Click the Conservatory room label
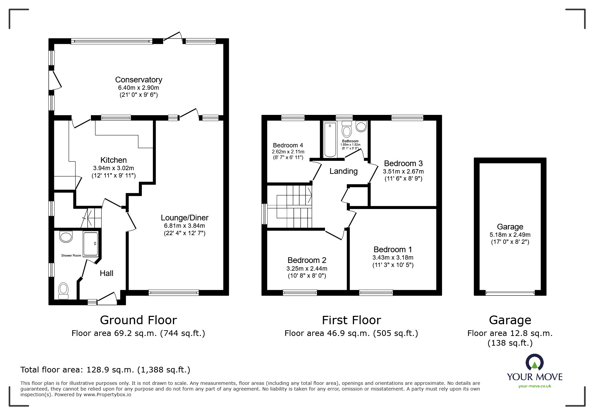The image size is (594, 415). [x=139, y=80]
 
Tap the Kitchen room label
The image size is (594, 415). [x=113, y=160]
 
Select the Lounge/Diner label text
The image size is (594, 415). [x=184, y=218]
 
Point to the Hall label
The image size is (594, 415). [x=106, y=273]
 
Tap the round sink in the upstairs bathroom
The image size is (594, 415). [x=361, y=127]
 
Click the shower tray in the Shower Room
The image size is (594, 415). [x=91, y=244]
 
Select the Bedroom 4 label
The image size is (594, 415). [x=288, y=145]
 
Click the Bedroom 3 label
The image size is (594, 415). [x=403, y=163]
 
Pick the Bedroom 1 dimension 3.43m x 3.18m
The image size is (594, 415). [x=393, y=258]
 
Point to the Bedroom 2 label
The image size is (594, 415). [x=307, y=260]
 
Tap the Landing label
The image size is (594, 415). [x=343, y=171]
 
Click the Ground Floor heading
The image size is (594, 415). [x=138, y=320]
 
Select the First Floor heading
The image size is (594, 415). [x=352, y=320]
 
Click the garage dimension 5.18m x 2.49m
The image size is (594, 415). [x=510, y=235]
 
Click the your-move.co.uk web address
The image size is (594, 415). [x=535, y=386]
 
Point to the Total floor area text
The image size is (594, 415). [x=105, y=370]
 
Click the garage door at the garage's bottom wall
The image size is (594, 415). [x=510, y=293]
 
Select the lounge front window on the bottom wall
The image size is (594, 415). [x=173, y=293]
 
